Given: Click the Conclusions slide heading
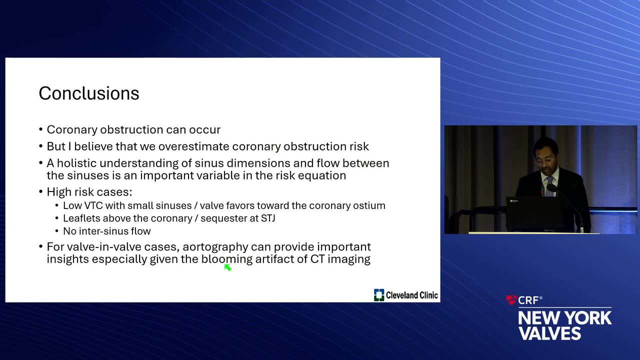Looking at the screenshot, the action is (89, 93).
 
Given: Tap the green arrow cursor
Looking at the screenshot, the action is (227, 267).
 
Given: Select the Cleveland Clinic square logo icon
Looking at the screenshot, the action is (379, 295).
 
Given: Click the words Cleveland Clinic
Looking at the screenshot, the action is (411, 295).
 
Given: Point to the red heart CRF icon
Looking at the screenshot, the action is (511, 299).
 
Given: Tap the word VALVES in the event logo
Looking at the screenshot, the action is (550, 333).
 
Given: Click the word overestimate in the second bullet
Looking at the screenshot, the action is (193, 146).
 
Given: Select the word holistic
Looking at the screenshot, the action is (76, 163).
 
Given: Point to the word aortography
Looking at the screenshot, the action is (215, 247).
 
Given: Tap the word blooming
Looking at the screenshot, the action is (227, 259).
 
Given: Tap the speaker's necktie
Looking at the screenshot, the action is (549, 185).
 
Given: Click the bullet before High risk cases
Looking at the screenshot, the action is (41, 191).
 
